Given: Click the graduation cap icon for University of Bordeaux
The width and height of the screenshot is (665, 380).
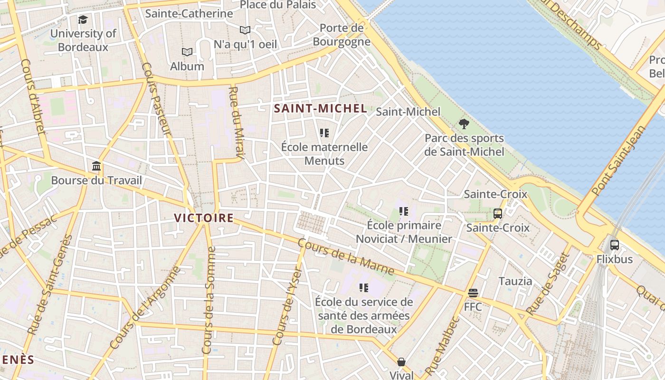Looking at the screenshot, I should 83,19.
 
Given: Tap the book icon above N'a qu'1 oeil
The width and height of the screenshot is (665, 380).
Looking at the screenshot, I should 245,30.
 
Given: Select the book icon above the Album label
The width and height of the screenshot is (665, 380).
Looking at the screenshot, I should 187,52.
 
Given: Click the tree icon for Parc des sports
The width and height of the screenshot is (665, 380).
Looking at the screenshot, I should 464,124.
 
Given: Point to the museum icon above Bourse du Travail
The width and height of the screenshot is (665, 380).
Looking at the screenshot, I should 96,166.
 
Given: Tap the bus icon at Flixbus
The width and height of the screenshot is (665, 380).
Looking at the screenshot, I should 615,245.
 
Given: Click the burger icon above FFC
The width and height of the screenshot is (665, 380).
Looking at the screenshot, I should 473,293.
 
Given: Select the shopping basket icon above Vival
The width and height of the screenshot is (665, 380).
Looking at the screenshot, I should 401,362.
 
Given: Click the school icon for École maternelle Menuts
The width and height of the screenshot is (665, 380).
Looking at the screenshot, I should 324,133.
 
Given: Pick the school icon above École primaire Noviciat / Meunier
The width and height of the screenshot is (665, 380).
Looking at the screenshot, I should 404,211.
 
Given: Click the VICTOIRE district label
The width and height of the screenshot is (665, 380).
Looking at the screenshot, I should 204,218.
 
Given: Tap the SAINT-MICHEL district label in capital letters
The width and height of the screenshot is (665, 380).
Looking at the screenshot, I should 321,108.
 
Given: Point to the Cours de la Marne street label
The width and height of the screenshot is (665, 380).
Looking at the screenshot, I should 346,256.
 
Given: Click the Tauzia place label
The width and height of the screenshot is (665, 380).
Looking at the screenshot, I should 515,281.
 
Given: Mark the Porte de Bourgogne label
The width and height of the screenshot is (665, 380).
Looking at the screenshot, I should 342,35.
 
